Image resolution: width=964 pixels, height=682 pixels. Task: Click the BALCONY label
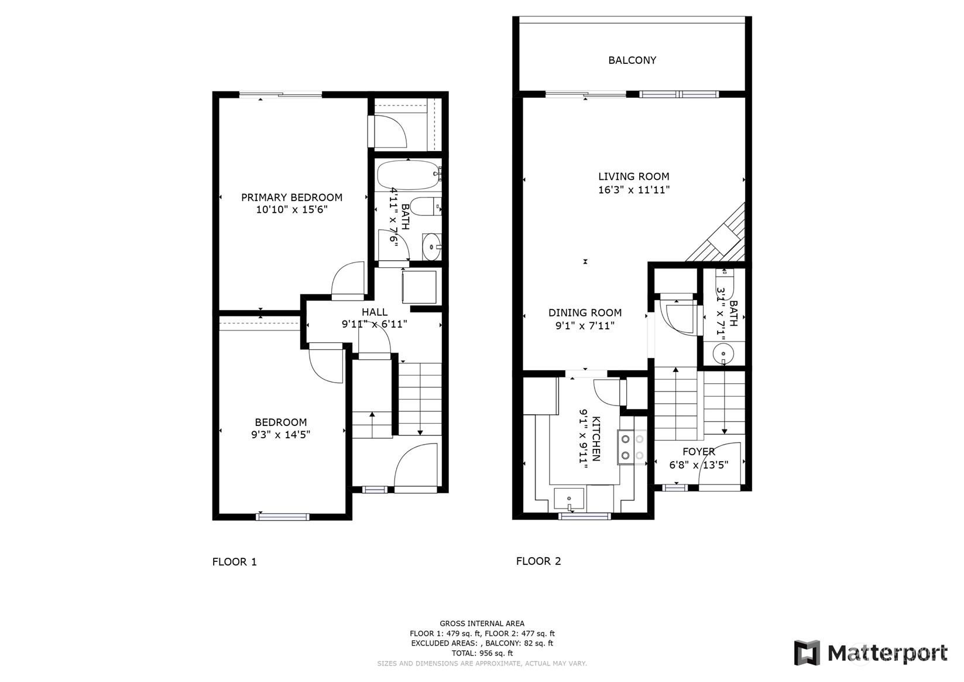[632, 60]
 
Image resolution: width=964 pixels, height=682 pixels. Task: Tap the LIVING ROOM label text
[633, 176]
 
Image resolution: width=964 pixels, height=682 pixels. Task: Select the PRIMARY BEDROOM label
[291, 197]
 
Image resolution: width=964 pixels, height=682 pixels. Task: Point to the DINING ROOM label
[584, 313]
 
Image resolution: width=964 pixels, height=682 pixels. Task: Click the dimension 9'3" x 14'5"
[280, 435]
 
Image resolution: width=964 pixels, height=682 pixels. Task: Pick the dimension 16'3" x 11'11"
[633, 190]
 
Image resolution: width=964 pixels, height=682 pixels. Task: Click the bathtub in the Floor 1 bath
[408, 175]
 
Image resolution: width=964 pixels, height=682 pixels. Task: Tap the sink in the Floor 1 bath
[431, 247]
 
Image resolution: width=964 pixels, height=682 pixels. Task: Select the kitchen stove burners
[632, 447]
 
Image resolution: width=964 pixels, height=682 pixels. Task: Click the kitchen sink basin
[568, 499]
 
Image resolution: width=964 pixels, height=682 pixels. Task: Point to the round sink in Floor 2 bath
[723, 354]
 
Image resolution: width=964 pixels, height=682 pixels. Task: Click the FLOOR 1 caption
[234, 562]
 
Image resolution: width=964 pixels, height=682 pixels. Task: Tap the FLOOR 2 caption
[538, 561]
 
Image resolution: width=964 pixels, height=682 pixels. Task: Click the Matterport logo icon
[807, 653]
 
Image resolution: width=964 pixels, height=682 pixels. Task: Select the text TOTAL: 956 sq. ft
[482, 653]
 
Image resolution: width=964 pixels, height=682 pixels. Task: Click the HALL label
[374, 312]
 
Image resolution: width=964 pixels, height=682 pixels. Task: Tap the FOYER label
[698, 452]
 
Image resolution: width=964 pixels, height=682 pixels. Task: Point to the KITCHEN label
[596, 439]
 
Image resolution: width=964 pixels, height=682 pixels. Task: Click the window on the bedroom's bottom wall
[282, 517]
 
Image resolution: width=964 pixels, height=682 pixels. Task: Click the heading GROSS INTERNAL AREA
[482, 623]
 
